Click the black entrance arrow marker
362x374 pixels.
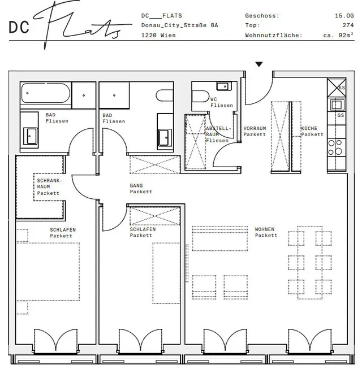coord(259,64)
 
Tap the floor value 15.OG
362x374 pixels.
coord(344,16)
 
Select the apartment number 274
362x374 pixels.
coord(348,25)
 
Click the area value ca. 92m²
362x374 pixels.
coord(338,35)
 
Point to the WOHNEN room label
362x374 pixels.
coord(265,229)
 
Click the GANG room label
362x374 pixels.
coord(136,185)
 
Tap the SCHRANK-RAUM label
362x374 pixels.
coord(49,184)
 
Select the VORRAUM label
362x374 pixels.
coord(255,128)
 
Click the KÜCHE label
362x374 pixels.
coord(309,128)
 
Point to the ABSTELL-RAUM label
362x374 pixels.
coord(218,132)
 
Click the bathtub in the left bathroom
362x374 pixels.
coord(46,93)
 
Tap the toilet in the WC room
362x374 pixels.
coord(201,96)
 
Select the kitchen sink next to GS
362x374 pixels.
coord(337,105)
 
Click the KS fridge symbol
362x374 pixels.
coord(337,88)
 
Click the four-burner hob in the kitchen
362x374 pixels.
coord(336,147)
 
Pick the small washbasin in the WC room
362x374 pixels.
coord(224,86)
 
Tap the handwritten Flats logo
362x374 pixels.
coord(83,24)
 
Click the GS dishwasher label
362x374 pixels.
coord(341,115)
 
